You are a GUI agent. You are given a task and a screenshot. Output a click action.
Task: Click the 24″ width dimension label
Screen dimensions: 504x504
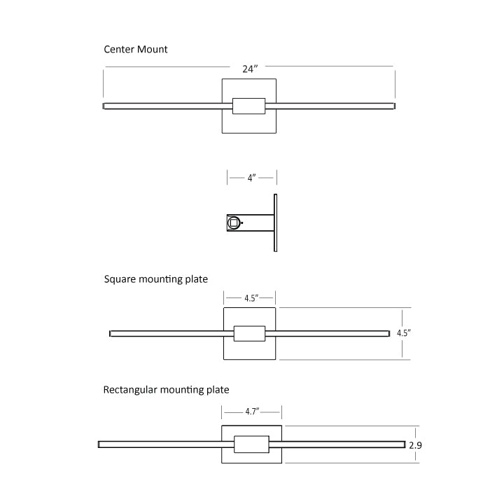point(251,69)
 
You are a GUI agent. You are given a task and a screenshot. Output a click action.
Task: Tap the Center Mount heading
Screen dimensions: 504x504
point(136,50)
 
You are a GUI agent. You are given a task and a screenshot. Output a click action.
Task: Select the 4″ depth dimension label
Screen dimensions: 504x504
point(251,178)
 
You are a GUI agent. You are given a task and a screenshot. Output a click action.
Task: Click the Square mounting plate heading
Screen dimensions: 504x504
point(156,279)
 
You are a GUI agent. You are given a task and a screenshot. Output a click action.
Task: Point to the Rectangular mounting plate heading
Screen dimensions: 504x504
point(166,390)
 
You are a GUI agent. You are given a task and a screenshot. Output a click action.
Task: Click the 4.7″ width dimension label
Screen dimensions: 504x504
point(252,412)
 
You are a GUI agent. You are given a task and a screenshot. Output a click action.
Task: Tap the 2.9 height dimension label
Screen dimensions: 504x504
point(415,444)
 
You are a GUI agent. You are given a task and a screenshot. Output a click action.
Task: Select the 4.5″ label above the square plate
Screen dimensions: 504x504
point(251,298)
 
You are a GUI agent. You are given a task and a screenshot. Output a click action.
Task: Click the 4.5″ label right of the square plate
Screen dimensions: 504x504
point(403,333)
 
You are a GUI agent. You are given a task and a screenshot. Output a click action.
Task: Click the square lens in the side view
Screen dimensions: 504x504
point(233,223)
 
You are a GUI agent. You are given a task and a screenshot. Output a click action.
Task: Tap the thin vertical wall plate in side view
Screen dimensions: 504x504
point(275,223)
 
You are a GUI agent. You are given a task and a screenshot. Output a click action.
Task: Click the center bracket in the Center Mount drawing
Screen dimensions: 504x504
point(248,106)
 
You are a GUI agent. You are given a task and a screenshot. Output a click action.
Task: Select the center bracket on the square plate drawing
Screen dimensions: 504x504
point(249,333)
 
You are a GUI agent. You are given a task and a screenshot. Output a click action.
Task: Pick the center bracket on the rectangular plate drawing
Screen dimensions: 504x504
point(251,444)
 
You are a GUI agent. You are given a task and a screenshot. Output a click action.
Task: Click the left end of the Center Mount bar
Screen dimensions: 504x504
point(105,106)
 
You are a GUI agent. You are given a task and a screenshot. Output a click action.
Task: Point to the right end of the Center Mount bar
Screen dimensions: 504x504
point(393,106)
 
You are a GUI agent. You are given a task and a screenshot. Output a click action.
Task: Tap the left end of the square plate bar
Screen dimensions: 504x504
point(111,333)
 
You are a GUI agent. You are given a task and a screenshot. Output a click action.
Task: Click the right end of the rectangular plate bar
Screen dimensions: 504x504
point(403,444)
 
